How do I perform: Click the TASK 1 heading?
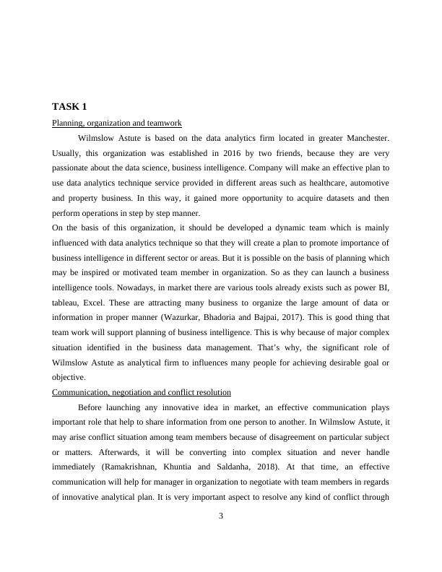pyautogui.click(x=69, y=107)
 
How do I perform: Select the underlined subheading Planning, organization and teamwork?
pyautogui.click(x=116, y=123)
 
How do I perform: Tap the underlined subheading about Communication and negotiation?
pyautogui.click(x=142, y=392)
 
